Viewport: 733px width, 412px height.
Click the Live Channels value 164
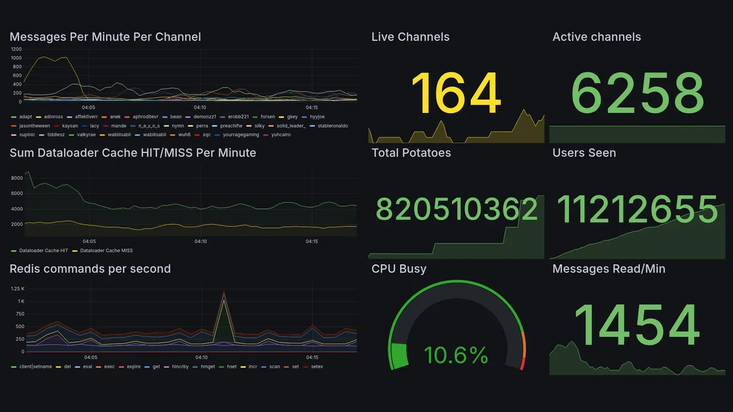(x=456, y=93)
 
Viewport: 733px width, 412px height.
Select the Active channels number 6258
(x=637, y=93)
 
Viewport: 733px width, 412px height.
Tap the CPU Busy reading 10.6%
(x=456, y=355)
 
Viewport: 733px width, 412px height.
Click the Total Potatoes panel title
(x=411, y=153)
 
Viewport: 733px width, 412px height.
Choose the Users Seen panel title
(x=584, y=153)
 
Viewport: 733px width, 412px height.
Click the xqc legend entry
(x=206, y=135)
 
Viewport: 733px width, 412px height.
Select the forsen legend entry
(x=267, y=117)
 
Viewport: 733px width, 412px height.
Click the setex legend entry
(x=317, y=366)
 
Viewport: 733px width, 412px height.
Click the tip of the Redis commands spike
(x=224, y=292)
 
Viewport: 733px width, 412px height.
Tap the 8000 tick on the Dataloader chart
(x=17, y=178)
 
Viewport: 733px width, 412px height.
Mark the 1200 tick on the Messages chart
(x=16, y=49)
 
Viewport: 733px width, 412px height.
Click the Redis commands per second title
(x=90, y=269)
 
